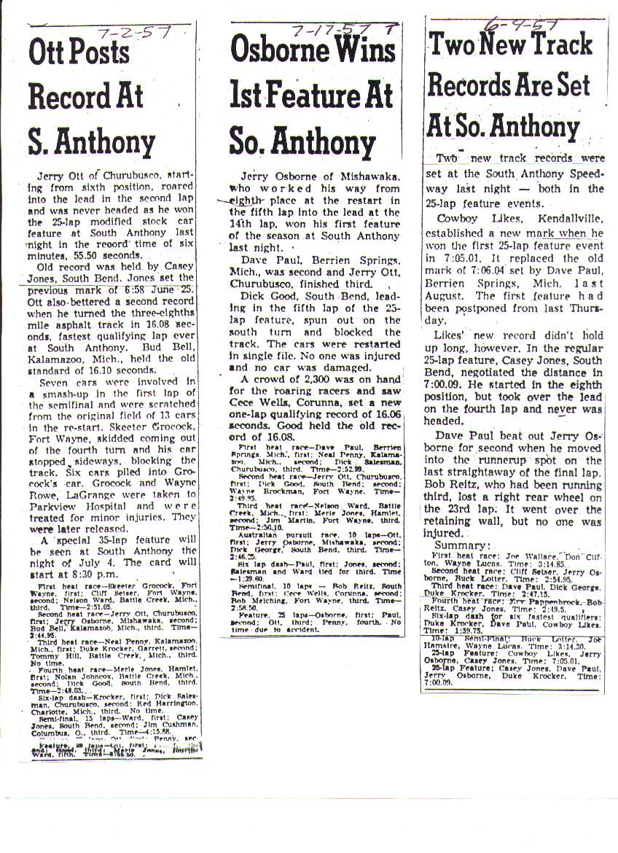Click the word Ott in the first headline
click(49, 52)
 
